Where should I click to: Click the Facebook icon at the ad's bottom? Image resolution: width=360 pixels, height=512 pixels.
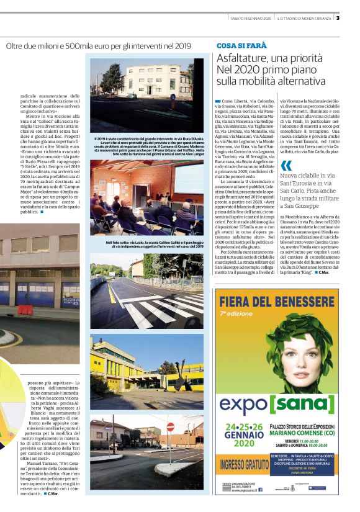(x=260, y=489)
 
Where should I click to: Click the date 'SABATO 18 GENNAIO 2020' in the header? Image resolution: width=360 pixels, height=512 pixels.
(x=251, y=18)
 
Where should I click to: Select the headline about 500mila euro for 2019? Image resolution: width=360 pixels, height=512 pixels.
(x=99, y=46)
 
